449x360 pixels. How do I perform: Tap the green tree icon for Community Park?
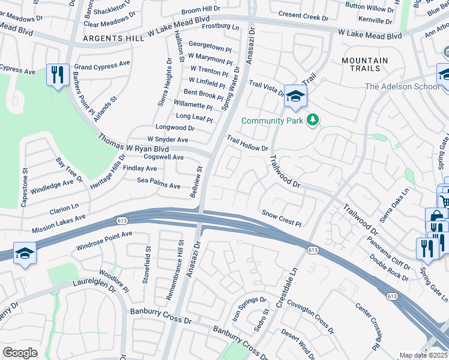312,121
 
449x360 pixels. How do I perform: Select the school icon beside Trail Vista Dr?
295,96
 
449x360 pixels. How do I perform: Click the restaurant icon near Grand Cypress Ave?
58,75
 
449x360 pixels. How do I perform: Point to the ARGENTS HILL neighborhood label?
113,38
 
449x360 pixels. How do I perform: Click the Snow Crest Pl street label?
282,218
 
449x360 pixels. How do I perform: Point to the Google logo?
20,353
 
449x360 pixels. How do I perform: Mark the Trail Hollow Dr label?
247,143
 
